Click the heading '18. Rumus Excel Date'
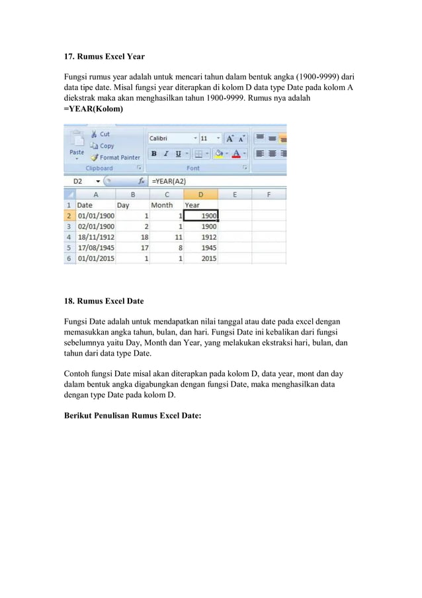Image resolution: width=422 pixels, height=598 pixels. click(104, 301)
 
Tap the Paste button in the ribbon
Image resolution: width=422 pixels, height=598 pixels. click(77, 148)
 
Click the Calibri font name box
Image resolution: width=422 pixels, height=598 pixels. click(171, 138)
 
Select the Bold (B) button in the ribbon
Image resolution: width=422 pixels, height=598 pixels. click(153, 153)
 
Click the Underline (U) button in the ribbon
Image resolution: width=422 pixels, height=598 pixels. click(178, 153)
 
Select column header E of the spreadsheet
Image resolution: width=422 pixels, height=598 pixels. click(235, 195)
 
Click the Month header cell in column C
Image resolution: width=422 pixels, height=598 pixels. click(162, 205)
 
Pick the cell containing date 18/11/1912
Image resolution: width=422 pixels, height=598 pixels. click(95, 237)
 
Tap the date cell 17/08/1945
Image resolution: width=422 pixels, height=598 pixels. click(95, 248)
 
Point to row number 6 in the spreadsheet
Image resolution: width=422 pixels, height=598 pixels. click(69, 258)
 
